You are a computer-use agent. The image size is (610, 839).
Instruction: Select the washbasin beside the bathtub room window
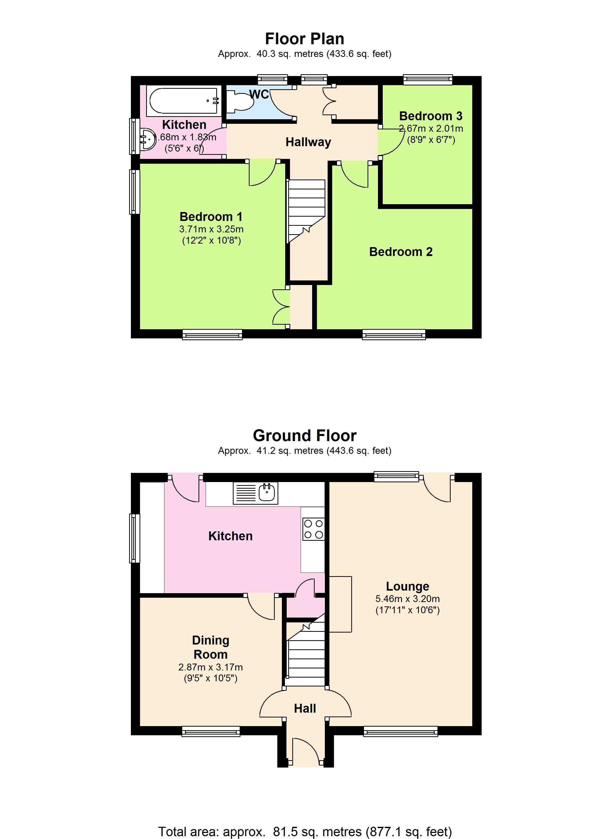147,139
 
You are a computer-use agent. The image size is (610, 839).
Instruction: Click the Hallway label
308,142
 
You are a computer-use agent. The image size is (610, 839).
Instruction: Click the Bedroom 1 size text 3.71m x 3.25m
211,229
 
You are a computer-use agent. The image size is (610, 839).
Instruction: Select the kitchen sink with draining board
255,493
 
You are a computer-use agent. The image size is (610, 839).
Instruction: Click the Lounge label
407,586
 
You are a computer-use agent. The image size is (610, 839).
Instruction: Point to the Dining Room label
210,647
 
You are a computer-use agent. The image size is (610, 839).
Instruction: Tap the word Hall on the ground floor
305,708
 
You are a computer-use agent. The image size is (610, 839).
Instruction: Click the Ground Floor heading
304,436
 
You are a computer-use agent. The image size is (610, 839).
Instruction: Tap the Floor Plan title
304,38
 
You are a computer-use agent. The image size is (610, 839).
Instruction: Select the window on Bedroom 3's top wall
428,79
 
